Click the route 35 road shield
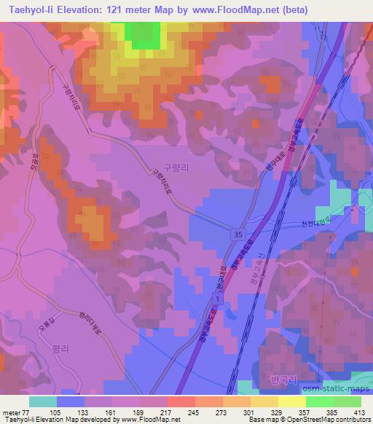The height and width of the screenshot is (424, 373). pyautogui.click(x=240, y=235)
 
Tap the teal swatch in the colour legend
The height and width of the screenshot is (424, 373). pyautogui.click(x=43, y=401)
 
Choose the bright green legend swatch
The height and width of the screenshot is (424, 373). pyautogui.click(x=319, y=401)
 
